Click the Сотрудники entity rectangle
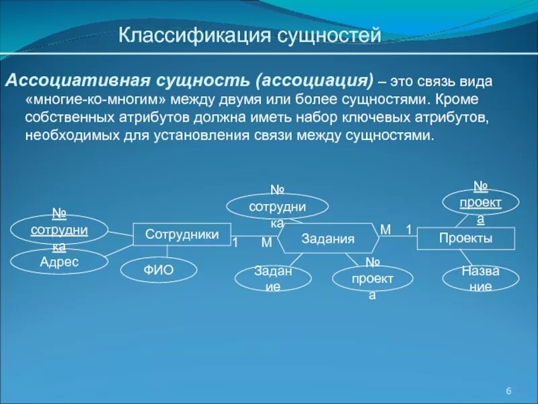coord(182,234)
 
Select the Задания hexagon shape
coord(328,238)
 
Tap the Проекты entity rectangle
coord(465,238)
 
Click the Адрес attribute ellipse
coord(59,262)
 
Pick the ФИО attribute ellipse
coord(159,270)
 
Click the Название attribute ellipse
coord(480,278)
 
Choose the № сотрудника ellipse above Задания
coord(277,206)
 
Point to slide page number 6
coord(508,392)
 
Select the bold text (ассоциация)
coord(313,81)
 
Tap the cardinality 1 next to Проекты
coord(408,230)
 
